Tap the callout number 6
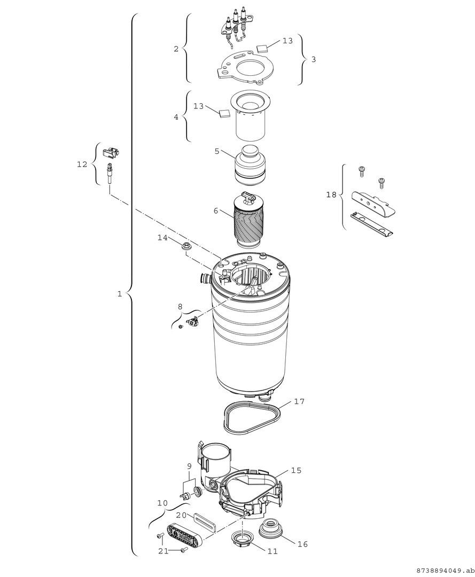click(216, 211)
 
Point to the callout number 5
click(217, 151)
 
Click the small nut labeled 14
click(187, 246)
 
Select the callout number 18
click(331, 195)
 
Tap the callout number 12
click(82, 165)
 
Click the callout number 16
click(302, 544)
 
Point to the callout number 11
click(272, 551)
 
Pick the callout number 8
click(180, 306)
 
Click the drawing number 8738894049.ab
click(443, 570)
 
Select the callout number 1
click(120, 293)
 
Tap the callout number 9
click(189, 466)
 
